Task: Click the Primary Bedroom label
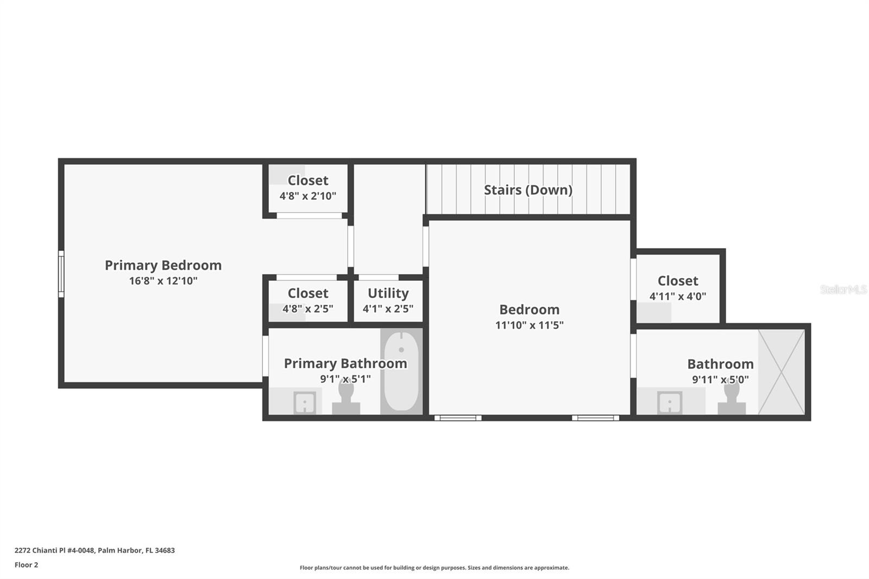[x=163, y=266]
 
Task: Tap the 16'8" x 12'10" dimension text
[x=163, y=281]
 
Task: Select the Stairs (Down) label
[x=528, y=190]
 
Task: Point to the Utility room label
[x=388, y=293]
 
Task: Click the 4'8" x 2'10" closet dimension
[x=308, y=196]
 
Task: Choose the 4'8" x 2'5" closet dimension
[x=308, y=309]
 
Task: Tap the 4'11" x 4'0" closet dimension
[x=678, y=297]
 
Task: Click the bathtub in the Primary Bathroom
[x=401, y=371]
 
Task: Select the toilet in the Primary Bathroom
[x=346, y=396]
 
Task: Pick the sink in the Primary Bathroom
[x=305, y=402]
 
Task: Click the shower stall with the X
[x=782, y=372]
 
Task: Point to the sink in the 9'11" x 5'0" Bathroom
[x=670, y=402]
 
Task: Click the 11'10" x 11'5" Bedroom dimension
[x=529, y=325]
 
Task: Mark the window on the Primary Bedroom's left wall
[x=61, y=274]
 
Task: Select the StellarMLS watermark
[x=843, y=289]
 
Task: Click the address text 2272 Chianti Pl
[x=40, y=550]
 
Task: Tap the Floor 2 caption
[x=27, y=565]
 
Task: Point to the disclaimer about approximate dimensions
[x=434, y=568]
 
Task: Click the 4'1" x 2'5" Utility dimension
[x=388, y=309]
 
